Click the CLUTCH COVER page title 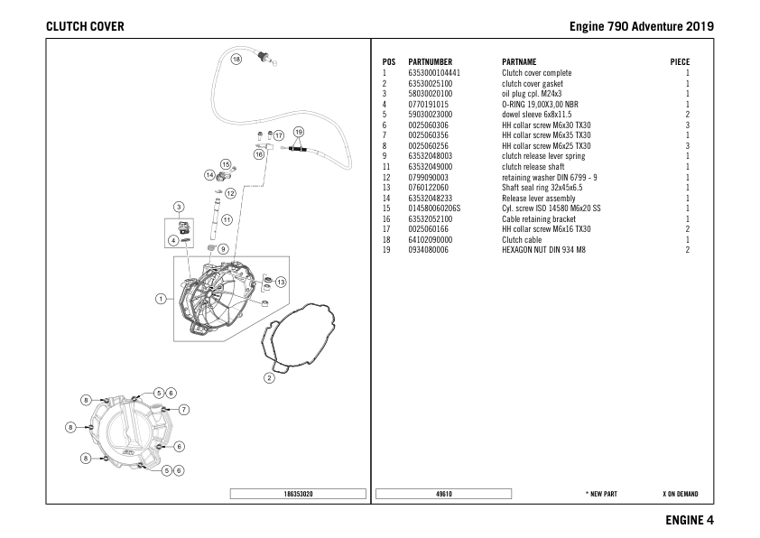(85, 26)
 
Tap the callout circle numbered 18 (236, 60)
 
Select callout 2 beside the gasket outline (269, 377)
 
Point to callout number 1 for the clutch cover (161, 298)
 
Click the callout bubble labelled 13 (281, 283)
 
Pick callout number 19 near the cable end (300, 133)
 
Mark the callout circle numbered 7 (184, 409)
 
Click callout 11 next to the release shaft (227, 218)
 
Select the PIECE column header (679, 62)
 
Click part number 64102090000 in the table (431, 240)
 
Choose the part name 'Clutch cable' (522, 240)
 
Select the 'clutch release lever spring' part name (542, 156)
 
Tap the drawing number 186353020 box (300, 495)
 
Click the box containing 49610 (443, 495)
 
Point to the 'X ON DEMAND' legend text (680, 495)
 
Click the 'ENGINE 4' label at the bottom (690, 520)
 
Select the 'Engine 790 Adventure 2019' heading (642, 26)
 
